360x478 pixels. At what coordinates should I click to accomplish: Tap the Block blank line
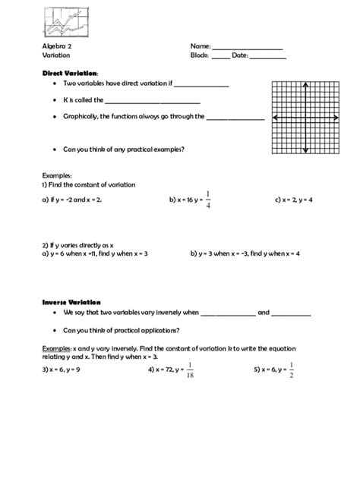220,58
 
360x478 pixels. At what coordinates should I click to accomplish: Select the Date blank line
268,58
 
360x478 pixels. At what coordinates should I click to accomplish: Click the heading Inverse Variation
71,301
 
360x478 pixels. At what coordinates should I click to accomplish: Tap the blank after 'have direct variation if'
201,86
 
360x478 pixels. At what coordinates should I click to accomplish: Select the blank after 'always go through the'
235,118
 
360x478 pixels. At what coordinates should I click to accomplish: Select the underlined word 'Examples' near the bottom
56,348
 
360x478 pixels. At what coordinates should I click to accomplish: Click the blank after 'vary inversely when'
228,313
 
